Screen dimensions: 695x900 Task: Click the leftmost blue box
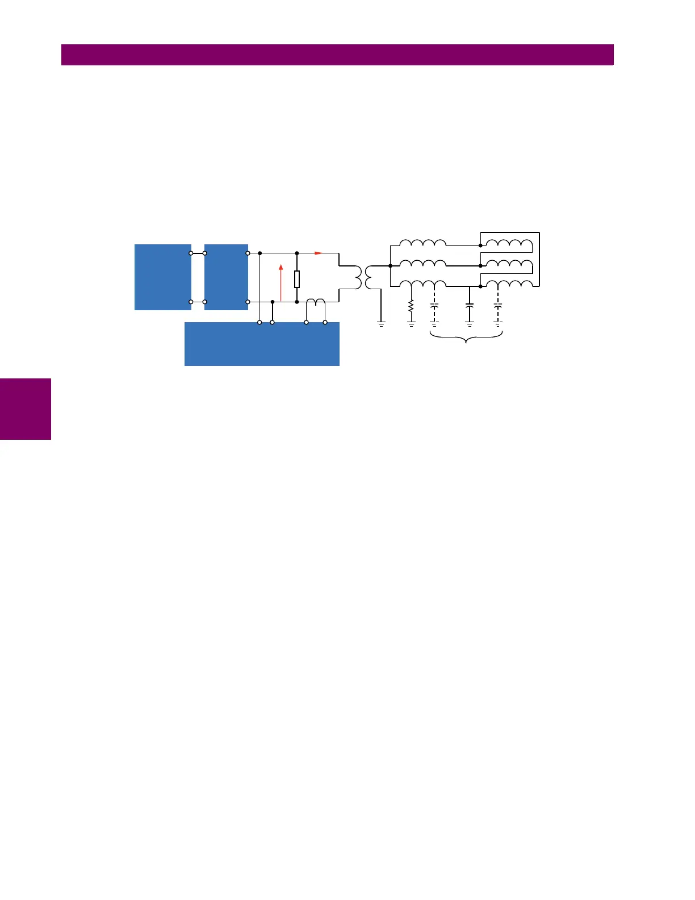pyautogui.click(x=162, y=277)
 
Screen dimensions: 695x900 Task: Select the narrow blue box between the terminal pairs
pyautogui.click(x=226, y=277)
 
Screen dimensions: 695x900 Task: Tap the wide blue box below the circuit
pyautogui.click(x=262, y=344)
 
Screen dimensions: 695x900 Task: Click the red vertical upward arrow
pyautogui.click(x=280, y=282)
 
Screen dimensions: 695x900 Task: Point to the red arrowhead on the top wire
pyautogui.click(x=318, y=253)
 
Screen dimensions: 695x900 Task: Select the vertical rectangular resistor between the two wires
pyautogui.click(x=297, y=279)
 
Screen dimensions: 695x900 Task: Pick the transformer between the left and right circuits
pyautogui.click(x=365, y=277)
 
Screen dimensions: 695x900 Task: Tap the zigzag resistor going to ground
pyautogui.click(x=411, y=307)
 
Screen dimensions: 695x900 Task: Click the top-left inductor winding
pyautogui.click(x=422, y=243)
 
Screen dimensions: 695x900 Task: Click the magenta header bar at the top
pyautogui.click(x=337, y=55)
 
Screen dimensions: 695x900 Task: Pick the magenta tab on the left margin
pyautogui.click(x=26, y=409)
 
